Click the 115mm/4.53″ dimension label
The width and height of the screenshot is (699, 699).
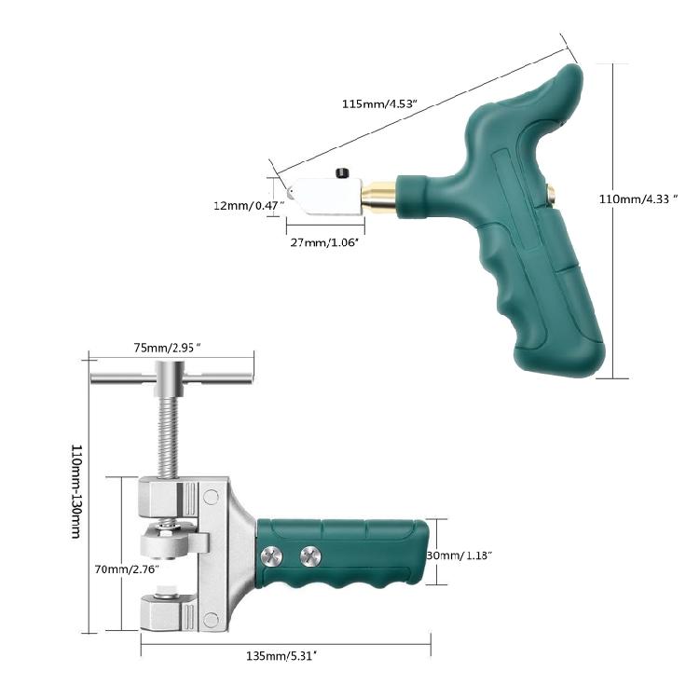tap(379, 103)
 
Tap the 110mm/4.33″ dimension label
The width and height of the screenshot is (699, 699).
tap(638, 199)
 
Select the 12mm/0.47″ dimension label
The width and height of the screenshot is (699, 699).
tap(249, 206)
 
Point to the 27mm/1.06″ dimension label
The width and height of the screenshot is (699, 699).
tap(325, 242)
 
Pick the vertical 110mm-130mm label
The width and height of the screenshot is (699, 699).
tap(76, 491)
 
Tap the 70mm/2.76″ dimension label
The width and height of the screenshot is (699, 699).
tap(127, 569)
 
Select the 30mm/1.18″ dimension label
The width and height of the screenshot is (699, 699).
tap(459, 555)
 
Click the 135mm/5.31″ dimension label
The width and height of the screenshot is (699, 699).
tap(281, 656)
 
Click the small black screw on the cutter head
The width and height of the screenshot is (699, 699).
tap(342, 173)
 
